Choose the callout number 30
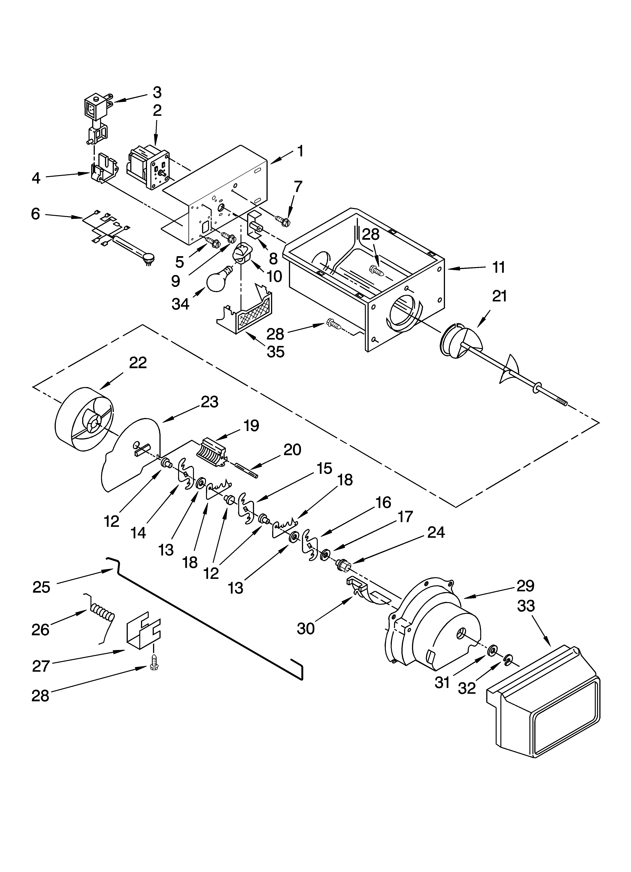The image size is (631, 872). coord(306,629)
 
